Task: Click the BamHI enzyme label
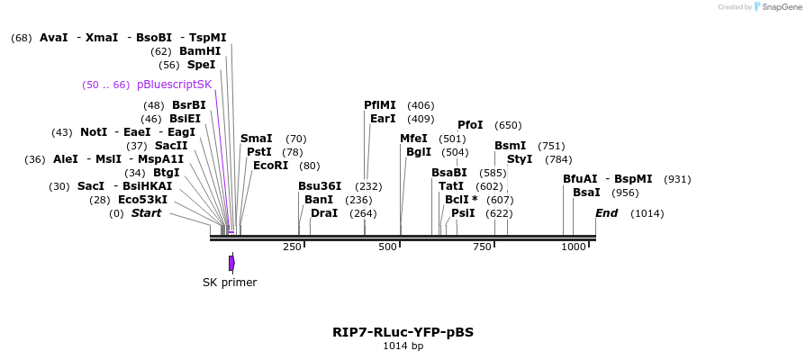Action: [x=199, y=51]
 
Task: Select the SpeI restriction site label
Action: [x=201, y=65]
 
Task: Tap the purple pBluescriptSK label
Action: [x=174, y=85]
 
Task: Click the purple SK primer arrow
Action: [x=231, y=263]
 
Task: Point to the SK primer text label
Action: [x=230, y=283]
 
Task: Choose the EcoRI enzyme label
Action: [x=271, y=166]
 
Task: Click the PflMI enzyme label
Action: [x=379, y=105]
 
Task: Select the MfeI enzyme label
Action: [x=413, y=139]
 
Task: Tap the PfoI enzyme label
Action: [x=470, y=125]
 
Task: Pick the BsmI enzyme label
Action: [x=510, y=146]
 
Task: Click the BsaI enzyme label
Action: [x=586, y=193]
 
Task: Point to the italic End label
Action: [x=606, y=213]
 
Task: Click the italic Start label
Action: [x=146, y=213]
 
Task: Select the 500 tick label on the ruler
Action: [x=387, y=247]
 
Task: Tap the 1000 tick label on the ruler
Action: [x=574, y=247]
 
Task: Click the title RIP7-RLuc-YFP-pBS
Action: [x=403, y=332]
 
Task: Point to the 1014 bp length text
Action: [x=403, y=346]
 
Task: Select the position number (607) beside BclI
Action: [x=499, y=200]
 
